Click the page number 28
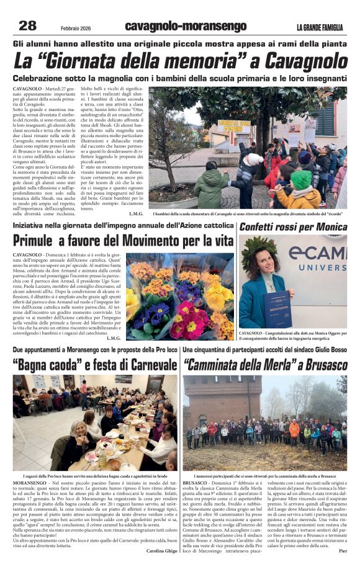pos(28,25)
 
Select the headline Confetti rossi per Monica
pos(293,227)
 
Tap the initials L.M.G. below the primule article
pos(114,338)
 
